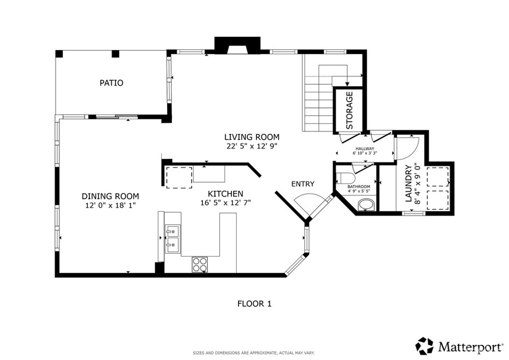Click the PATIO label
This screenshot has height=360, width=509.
111,83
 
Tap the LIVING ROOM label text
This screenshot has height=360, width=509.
252,137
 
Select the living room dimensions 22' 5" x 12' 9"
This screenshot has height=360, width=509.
252,146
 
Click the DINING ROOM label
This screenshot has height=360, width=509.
110,196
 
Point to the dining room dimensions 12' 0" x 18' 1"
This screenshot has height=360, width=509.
110,205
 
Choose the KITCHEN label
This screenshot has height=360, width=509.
225,194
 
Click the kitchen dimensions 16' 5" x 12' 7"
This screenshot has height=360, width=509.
226,203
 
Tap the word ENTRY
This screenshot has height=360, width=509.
303,184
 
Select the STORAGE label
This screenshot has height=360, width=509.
349,110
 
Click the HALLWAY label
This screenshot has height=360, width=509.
365,149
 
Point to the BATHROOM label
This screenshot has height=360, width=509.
359,186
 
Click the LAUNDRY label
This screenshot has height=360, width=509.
409,183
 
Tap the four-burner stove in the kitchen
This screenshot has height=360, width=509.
200,265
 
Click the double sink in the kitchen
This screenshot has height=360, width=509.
172,239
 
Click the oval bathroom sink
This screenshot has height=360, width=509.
366,205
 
